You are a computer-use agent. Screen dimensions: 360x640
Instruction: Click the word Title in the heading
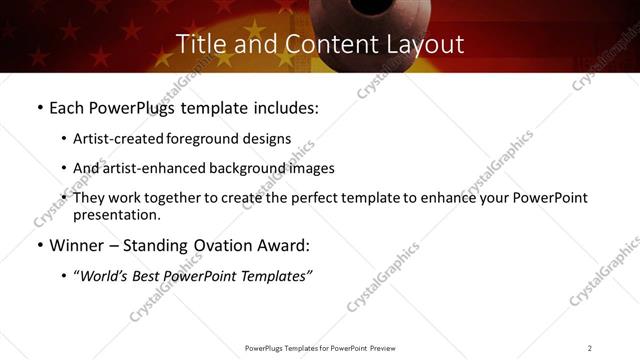[199, 45]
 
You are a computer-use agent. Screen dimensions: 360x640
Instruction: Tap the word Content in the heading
[308, 45]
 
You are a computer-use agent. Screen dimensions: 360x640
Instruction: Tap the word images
[311, 168]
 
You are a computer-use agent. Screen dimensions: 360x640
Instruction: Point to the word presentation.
[116, 214]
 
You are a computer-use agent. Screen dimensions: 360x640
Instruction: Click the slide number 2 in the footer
[590, 348]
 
